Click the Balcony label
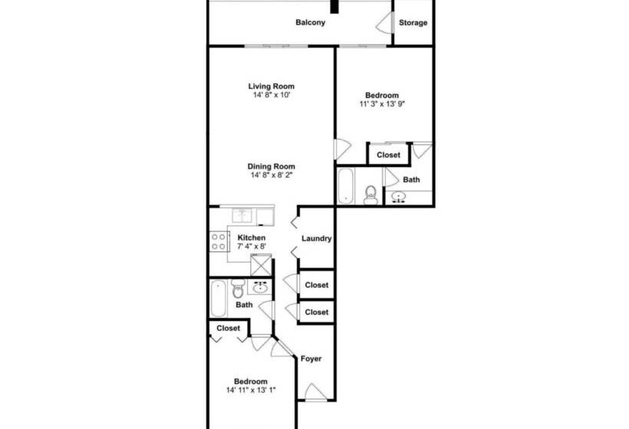tap(310, 22)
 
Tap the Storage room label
tap(413, 23)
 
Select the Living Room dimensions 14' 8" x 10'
tap(272, 95)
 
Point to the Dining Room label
tap(272, 166)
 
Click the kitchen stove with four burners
tap(219, 241)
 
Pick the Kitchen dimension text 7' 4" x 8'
tap(252, 247)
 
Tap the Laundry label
tap(317, 239)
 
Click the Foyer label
tap(311, 359)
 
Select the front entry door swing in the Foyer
tap(317, 392)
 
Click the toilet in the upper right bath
tap(370, 195)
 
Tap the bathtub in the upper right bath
tap(345, 185)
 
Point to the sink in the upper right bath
tap(399, 197)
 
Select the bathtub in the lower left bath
tap(219, 299)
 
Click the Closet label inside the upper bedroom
tap(388, 155)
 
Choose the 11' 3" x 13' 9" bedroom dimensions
tap(382, 104)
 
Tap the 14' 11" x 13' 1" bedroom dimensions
tap(251, 390)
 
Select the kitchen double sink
tap(242, 215)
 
